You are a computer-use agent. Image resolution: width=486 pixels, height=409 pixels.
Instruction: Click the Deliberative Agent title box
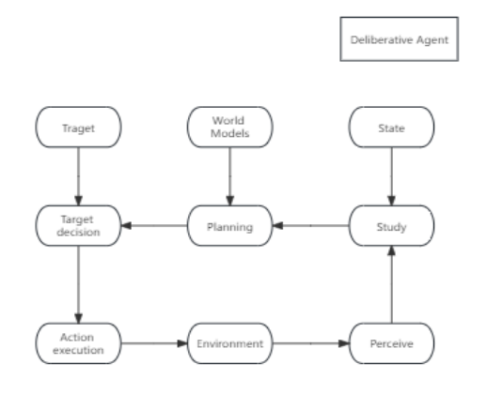[x=400, y=39]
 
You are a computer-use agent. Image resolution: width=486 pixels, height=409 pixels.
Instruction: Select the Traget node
[x=78, y=127]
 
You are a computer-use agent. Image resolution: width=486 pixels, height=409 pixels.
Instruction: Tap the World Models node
[x=230, y=127]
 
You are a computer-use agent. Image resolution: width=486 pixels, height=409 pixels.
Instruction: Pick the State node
[x=391, y=127]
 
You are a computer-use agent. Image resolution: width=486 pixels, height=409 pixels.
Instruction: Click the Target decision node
[x=78, y=226]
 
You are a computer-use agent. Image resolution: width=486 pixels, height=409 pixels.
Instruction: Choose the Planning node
[x=230, y=226]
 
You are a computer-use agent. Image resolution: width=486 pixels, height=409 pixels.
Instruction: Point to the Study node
[x=391, y=226]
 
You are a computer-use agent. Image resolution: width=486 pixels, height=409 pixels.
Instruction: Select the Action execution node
[x=78, y=343]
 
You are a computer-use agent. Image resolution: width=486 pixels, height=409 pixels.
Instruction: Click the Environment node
[x=230, y=343]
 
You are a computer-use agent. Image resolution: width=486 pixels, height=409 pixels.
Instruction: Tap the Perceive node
[x=391, y=343]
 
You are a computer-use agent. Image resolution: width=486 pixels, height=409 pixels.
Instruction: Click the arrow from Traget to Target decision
[x=78, y=176]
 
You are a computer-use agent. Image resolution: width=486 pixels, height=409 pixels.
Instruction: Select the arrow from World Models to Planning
[x=230, y=176]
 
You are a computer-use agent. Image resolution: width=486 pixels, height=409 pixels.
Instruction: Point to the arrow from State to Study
[x=391, y=176]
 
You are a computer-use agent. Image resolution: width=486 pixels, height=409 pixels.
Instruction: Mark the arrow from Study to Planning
[x=311, y=225]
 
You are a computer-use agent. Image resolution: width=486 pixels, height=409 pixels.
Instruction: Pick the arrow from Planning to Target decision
[x=154, y=225]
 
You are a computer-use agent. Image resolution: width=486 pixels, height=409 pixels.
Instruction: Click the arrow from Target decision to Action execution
[x=78, y=284]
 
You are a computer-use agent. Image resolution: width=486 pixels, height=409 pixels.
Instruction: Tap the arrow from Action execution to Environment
[x=154, y=343]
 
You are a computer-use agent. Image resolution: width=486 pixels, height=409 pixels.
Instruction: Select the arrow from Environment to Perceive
[x=311, y=343]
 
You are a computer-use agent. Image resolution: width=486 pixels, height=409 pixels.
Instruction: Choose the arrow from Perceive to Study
[x=391, y=284]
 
